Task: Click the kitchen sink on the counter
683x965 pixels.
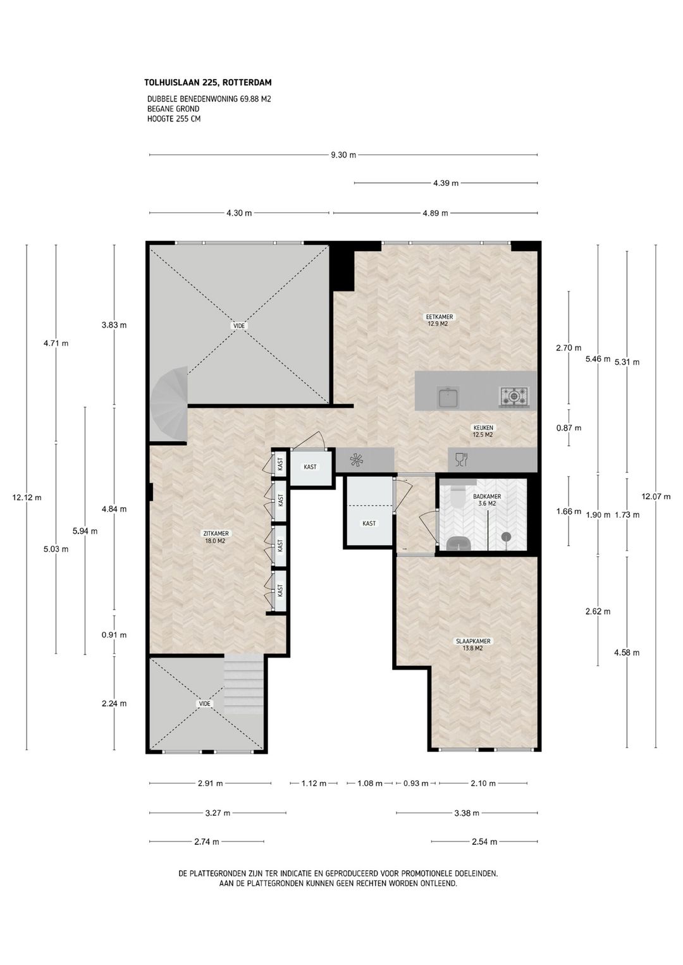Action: click(x=448, y=396)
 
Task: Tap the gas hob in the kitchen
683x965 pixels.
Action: click(x=514, y=396)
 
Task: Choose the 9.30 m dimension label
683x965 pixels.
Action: click(x=343, y=155)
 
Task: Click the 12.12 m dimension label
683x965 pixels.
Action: click(x=27, y=498)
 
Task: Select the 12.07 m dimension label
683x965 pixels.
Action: click(x=656, y=496)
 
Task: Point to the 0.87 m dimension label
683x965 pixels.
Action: click(x=569, y=427)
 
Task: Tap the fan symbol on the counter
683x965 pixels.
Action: click(x=357, y=460)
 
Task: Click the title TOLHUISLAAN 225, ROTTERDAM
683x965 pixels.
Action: click(x=207, y=82)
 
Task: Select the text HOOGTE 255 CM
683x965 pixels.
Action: click(x=174, y=119)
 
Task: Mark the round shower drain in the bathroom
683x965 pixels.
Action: click(x=507, y=536)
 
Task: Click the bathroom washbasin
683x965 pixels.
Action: click(x=458, y=544)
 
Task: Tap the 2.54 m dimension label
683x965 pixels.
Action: click(x=484, y=842)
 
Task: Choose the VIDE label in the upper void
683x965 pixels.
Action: click(x=238, y=326)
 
